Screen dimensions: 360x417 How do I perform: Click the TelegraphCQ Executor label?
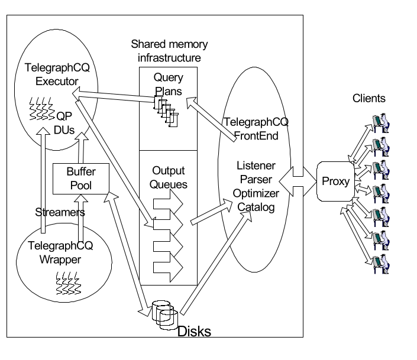(x=55, y=76)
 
